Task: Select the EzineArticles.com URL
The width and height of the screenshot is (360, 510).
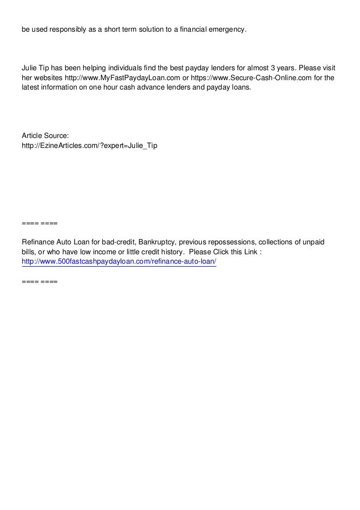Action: click(90, 147)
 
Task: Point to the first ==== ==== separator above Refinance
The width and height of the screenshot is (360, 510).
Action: click(40, 224)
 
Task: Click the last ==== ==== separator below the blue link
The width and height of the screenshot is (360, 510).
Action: click(40, 281)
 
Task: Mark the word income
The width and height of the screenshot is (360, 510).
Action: click(96, 252)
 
